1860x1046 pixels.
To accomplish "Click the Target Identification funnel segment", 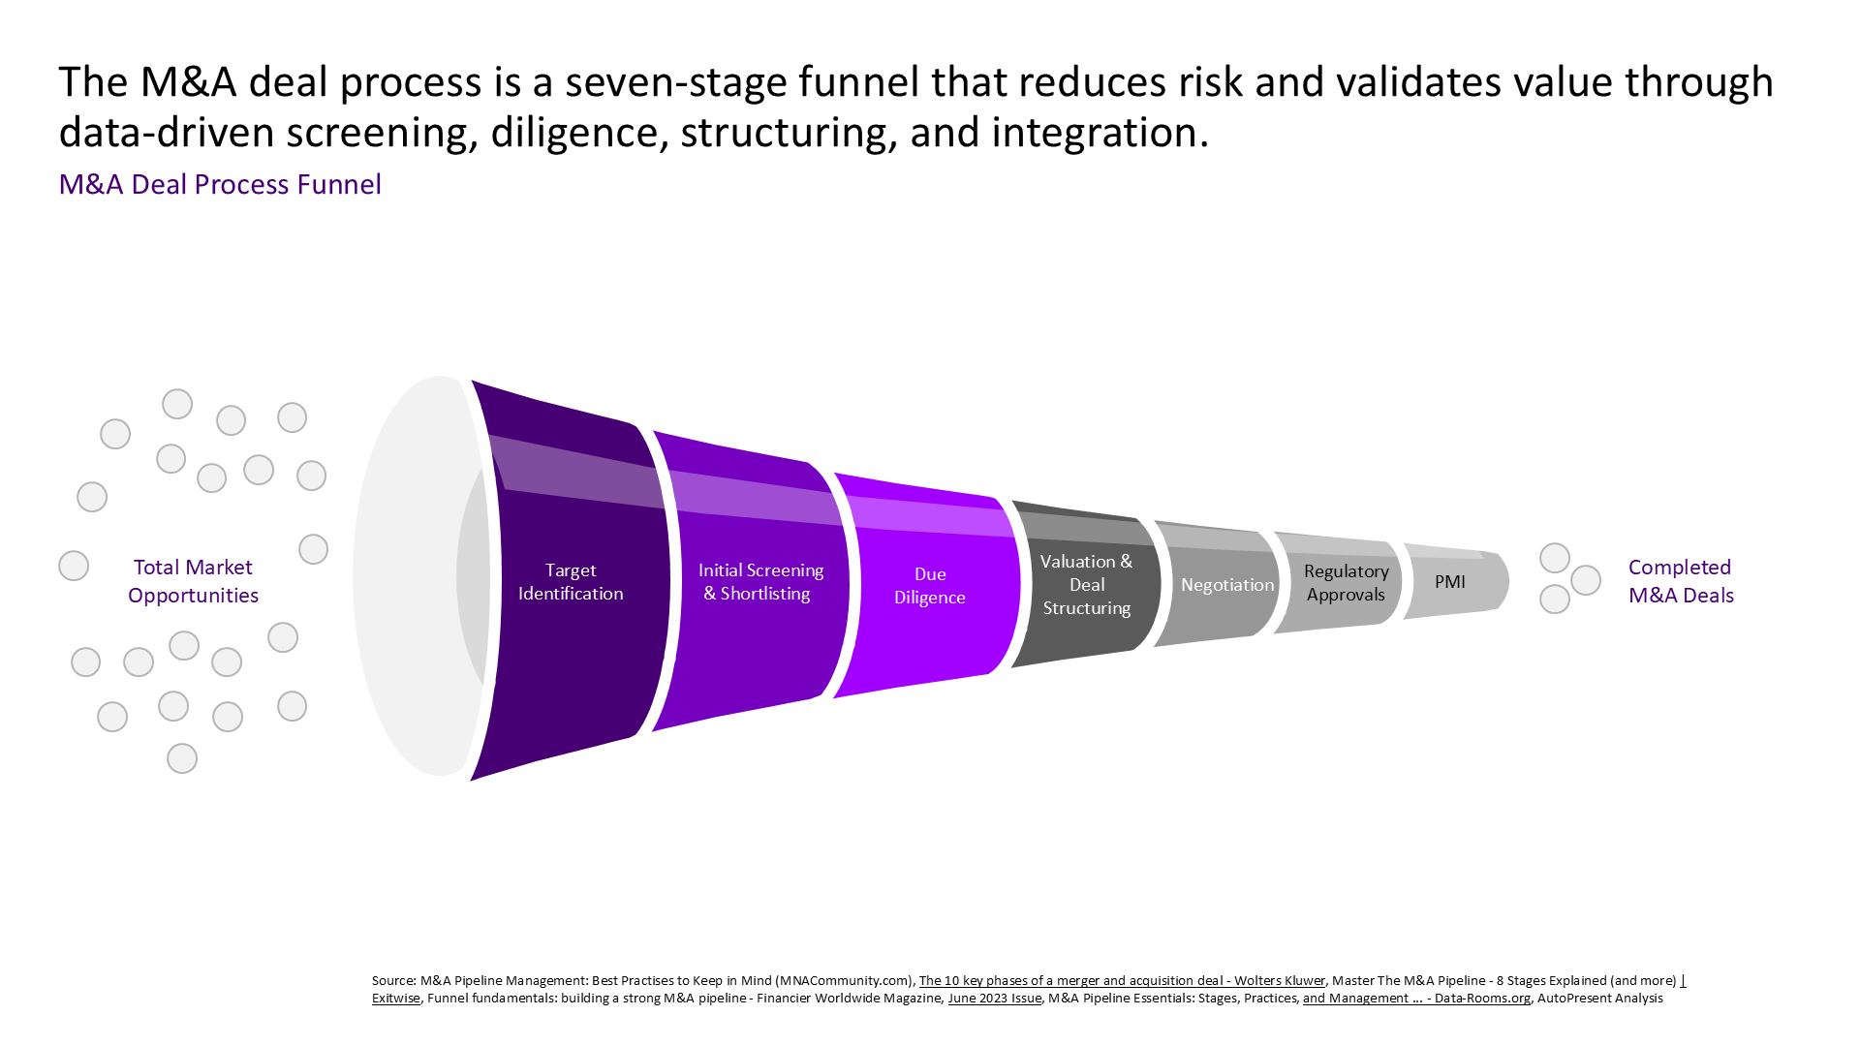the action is coord(571,581).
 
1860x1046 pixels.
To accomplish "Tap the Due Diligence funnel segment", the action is coord(927,585).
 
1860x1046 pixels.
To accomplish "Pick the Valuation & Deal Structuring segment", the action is coord(1086,584).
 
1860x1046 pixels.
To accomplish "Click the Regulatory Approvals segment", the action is coord(1338,583).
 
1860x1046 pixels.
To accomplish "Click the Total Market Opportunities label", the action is coord(193,581).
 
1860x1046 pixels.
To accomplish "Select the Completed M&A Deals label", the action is coord(1681,581).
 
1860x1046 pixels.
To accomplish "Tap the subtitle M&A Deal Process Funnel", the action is coord(220,184).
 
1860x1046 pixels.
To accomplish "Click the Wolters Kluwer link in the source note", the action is coord(1122,980).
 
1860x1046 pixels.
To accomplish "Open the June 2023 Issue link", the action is coord(994,998).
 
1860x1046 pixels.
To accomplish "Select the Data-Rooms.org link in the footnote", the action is coord(1416,998).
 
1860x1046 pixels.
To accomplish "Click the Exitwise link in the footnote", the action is coord(396,998).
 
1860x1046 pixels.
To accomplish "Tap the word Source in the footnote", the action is coord(393,980).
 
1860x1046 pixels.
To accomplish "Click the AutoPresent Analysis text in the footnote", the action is coord(1599,998).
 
